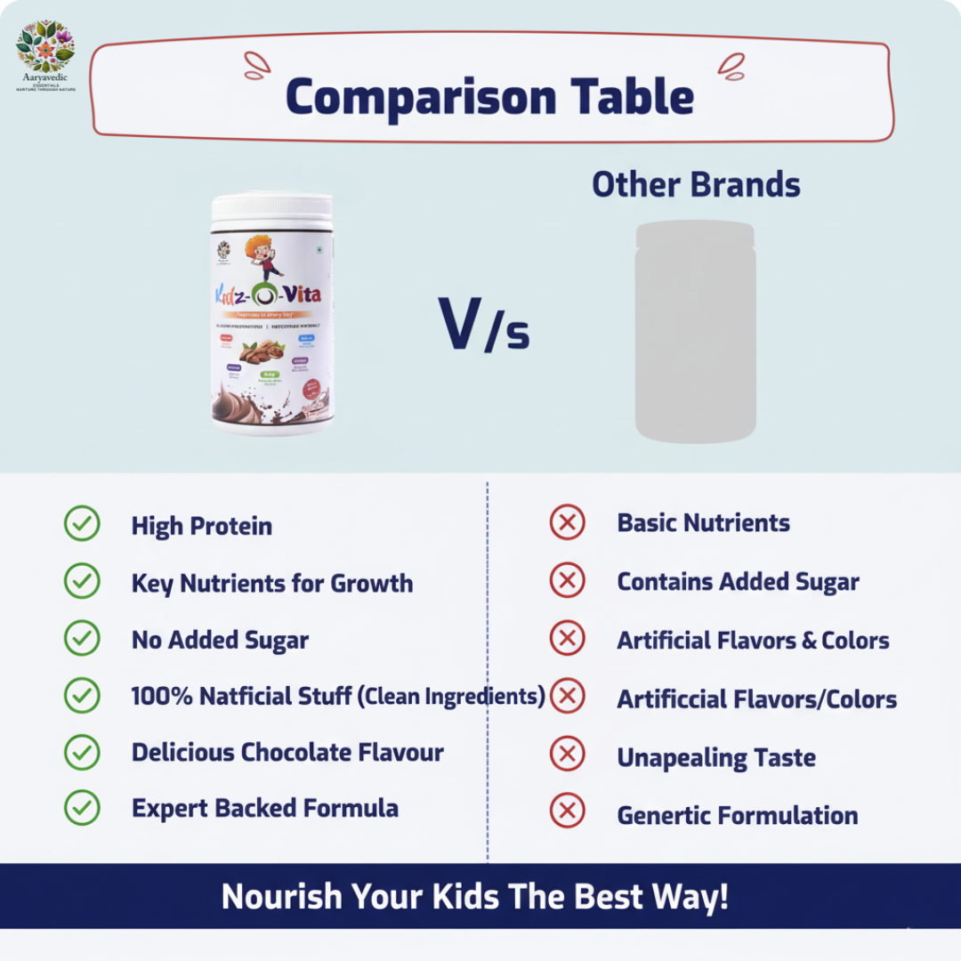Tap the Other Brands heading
(696, 185)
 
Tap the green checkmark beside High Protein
(82, 524)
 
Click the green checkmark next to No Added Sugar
(82, 638)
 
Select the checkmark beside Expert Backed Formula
(82, 808)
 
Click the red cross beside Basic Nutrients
(567, 522)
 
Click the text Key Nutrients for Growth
(272, 584)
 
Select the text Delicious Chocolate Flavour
(287, 752)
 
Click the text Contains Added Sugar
(738, 582)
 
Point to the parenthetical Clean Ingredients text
(451, 696)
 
